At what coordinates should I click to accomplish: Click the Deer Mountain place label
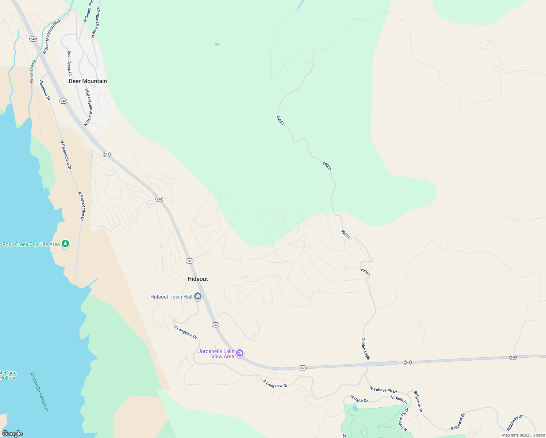click(88, 81)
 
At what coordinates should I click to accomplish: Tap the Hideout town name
click(198, 279)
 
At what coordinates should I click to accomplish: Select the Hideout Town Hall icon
click(198, 296)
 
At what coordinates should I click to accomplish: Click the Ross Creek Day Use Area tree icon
click(65, 243)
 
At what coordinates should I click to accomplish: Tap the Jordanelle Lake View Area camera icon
click(240, 353)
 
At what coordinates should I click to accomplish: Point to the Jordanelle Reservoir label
click(39, 391)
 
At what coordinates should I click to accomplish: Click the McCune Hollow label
click(8, 375)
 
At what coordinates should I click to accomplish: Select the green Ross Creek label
click(33, 71)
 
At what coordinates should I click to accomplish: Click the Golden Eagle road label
click(365, 349)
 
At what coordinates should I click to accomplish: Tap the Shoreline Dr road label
click(45, 90)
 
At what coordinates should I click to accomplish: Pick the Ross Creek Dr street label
click(69, 63)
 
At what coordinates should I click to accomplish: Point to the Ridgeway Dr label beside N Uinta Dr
click(418, 402)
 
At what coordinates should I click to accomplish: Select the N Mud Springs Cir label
click(96, 22)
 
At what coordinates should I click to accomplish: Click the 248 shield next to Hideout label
click(189, 261)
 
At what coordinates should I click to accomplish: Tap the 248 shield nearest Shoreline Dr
click(63, 101)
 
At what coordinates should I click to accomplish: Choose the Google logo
click(12, 434)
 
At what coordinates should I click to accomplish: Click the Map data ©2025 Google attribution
click(523, 435)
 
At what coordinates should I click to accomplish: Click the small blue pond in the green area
click(218, 45)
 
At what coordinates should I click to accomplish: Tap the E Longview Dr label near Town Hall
click(185, 332)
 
